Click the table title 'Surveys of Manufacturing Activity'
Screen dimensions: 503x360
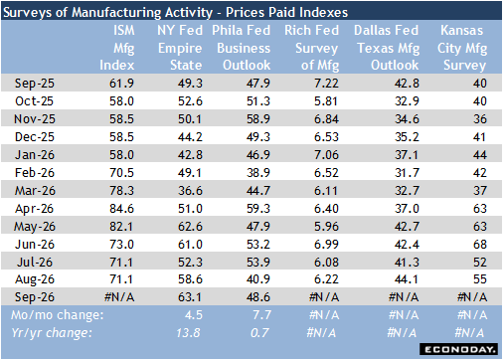tap(107, 12)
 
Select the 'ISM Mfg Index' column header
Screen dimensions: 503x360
tap(117, 48)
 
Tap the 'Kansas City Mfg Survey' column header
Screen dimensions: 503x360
tap(462, 48)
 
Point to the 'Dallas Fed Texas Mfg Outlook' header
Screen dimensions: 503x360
tap(387, 48)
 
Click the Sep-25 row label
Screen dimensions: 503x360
tap(35, 84)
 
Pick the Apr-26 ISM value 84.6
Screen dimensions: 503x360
tap(121, 209)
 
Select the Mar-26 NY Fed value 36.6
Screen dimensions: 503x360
tap(190, 191)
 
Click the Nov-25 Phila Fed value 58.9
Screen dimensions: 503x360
tap(258, 119)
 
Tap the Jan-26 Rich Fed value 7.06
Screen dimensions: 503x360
tap(326, 155)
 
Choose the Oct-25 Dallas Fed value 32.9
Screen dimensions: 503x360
tap(407, 101)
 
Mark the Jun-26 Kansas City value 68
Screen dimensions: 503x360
tap(480, 245)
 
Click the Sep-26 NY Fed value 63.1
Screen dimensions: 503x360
tap(190, 297)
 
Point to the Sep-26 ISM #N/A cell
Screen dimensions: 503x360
tap(119, 297)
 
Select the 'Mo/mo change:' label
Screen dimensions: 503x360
tap(58, 315)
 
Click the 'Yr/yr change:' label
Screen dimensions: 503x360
tap(52, 333)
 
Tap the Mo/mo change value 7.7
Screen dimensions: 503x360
tap(261, 315)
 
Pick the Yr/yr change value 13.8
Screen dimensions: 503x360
tap(188, 333)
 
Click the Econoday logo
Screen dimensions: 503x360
tap(458, 349)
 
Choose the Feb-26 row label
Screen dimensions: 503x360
tap(35, 173)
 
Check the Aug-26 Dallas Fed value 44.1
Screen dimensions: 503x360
tap(407, 279)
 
